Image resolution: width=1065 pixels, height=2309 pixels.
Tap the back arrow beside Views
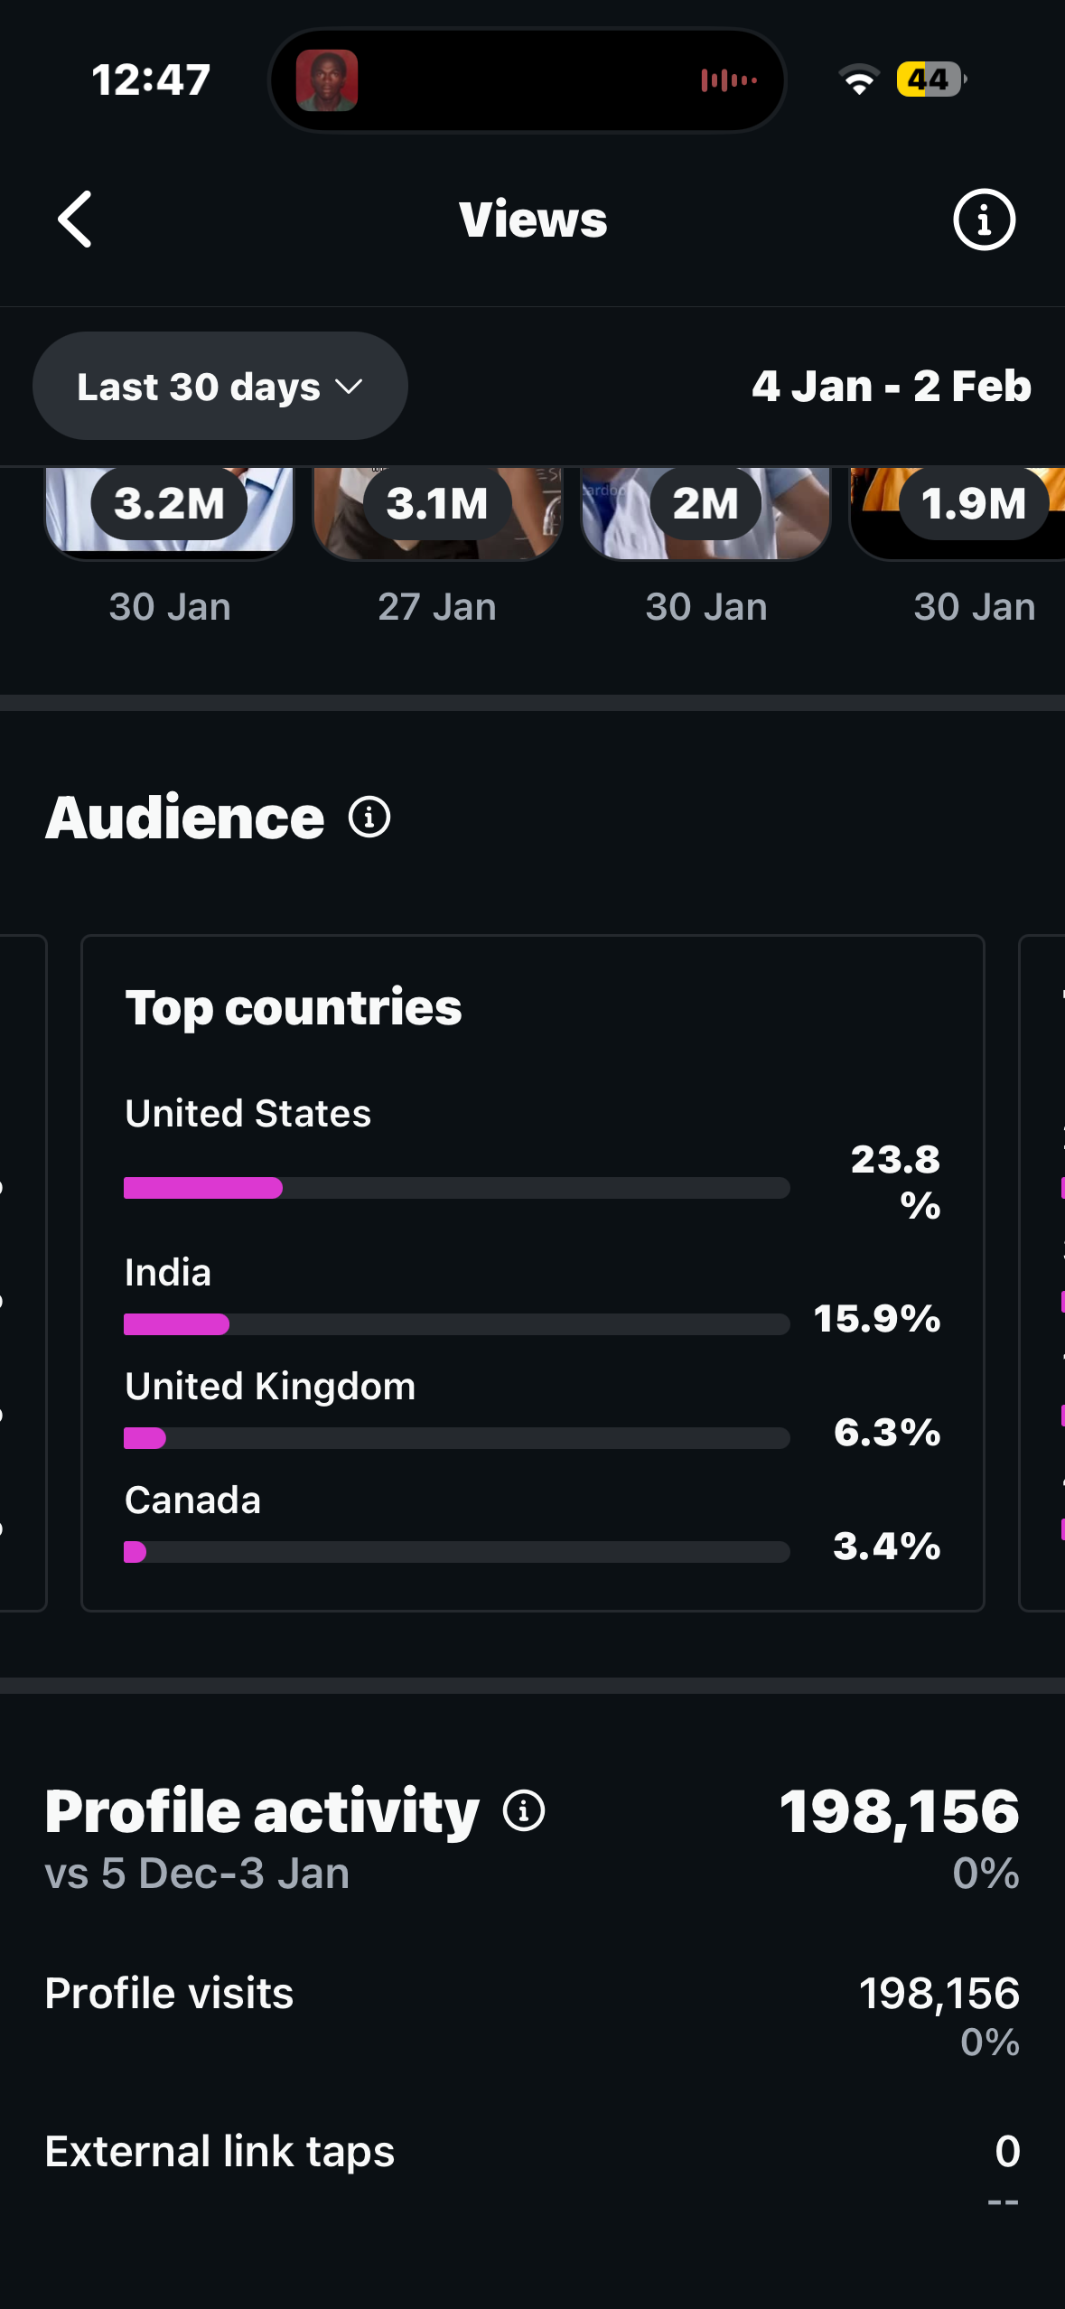click(x=75, y=219)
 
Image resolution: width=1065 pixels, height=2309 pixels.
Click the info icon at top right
click(x=984, y=220)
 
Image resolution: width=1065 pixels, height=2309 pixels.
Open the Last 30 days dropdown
click(x=220, y=387)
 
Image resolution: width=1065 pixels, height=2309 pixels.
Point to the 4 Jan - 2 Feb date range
click(x=891, y=387)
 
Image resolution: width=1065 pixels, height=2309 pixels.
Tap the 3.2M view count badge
click(x=169, y=503)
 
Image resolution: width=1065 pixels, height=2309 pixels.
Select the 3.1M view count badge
click(x=437, y=503)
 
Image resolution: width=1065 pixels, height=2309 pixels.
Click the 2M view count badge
click(x=705, y=503)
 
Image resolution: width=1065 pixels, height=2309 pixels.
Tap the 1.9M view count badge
click(x=973, y=503)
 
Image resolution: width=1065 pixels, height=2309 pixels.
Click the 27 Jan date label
click(x=437, y=607)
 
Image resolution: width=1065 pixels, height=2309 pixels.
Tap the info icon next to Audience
click(x=369, y=818)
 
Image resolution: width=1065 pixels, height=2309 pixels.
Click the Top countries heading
click(x=294, y=1007)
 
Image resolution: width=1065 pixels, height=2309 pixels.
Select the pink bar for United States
click(x=203, y=1188)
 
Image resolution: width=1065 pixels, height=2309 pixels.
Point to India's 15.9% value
click(x=877, y=1319)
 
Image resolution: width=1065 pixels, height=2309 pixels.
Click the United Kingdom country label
click(x=270, y=1387)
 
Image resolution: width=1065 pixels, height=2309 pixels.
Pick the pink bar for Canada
click(x=135, y=1552)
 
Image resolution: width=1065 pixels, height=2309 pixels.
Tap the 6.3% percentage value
click(x=887, y=1433)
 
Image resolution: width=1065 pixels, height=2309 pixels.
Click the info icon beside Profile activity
click(x=524, y=1810)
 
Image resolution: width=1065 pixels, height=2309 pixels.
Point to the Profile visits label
click(x=169, y=1993)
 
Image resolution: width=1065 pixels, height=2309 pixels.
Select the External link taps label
click(x=220, y=2151)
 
